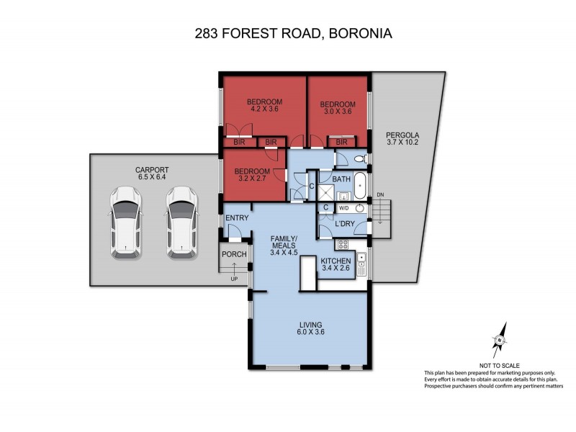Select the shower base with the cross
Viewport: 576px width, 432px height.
[x=328, y=191]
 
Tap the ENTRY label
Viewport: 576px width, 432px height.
[x=236, y=218]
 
